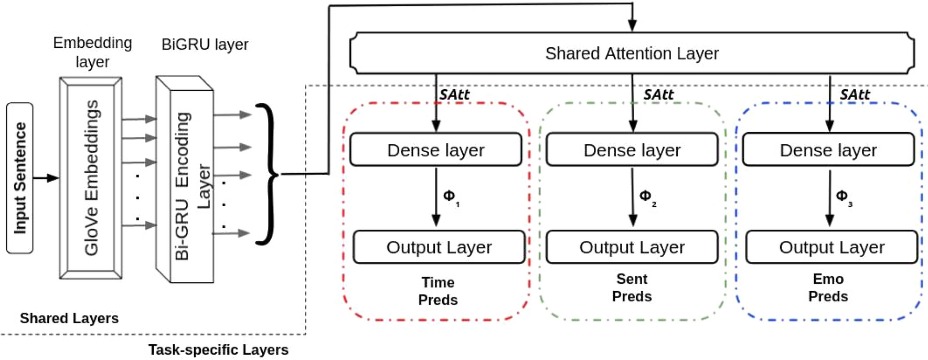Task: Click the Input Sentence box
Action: (x=19, y=178)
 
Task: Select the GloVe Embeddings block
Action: (x=91, y=178)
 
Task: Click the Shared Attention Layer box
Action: (x=632, y=54)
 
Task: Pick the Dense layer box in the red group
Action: (x=435, y=150)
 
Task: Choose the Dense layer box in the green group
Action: (x=632, y=150)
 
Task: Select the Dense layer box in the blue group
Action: (x=828, y=150)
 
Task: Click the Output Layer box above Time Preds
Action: (x=439, y=247)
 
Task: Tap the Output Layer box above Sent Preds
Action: (x=632, y=247)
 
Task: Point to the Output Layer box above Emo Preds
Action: (x=831, y=247)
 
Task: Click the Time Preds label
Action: (x=438, y=291)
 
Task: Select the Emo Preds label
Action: (x=828, y=288)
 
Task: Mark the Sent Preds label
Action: (x=632, y=288)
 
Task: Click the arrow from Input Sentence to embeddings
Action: (x=46, y=178)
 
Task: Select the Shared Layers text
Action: (x=69, y=318)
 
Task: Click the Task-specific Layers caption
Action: (x=218, y=350)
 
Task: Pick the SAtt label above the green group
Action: (x=658, y=94)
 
